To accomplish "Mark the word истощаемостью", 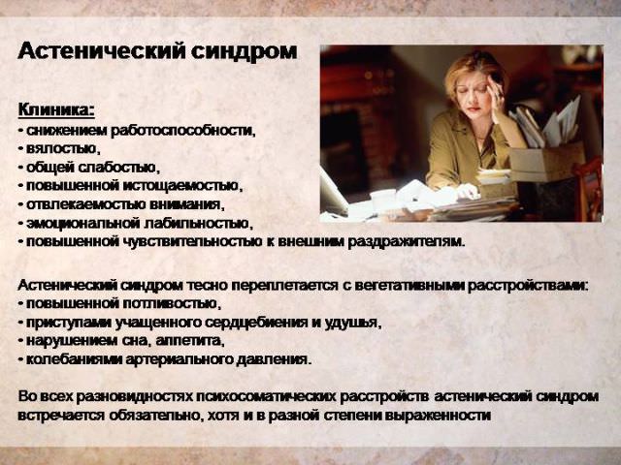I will [x=183, y=185].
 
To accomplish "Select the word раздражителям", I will [x=405, y=241].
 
